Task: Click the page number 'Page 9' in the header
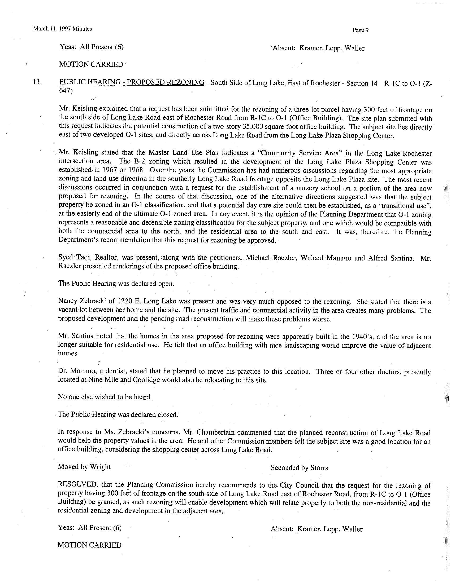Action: click(361, 30)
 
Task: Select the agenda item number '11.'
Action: click(38, 82)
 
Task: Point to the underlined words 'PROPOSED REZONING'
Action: click(166, 82)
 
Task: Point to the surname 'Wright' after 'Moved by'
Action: click(100, 467)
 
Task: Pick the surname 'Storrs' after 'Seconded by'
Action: click(319, 468)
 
